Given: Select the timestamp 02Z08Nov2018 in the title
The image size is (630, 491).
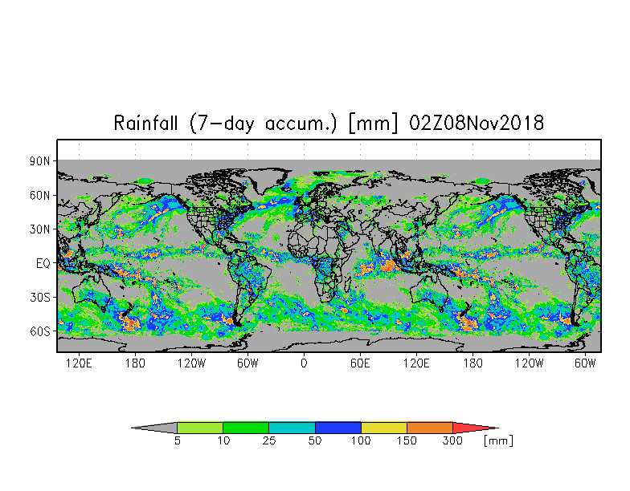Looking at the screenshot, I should (x=477, y=124).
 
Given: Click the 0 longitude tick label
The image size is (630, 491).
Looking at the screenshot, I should (x=304, y=363).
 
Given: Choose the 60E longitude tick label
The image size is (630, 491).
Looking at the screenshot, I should (x=360, y=363).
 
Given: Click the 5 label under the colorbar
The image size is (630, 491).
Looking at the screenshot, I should (x=177, y=441).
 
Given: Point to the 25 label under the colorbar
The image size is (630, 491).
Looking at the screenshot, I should (x=268, y=441).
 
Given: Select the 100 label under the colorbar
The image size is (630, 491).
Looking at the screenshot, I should (x=361, y=441).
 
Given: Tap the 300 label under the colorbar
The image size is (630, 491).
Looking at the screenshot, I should (x=453, y=441).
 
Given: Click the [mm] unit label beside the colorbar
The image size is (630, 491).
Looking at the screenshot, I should (x=498, y=441).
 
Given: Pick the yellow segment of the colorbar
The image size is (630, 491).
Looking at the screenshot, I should (x=384, y=428).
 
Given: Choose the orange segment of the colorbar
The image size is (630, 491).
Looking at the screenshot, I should (x=430, y=428).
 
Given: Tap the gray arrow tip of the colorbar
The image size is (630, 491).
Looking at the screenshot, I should (x=156, y=428).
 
